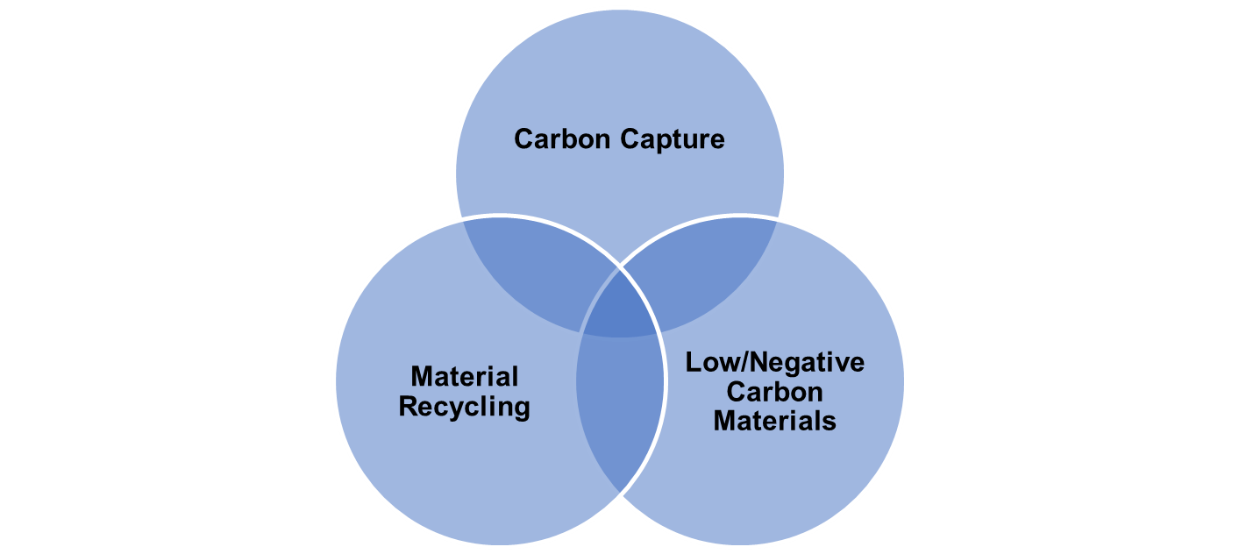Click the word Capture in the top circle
672,140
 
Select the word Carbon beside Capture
562,138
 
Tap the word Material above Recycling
465,377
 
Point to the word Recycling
464,408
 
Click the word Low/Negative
775,363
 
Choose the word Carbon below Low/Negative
774,392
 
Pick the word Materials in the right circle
774,421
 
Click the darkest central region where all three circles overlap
619,309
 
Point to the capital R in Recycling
409,407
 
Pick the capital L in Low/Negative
694,363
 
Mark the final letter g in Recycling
522,412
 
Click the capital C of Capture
630,138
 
